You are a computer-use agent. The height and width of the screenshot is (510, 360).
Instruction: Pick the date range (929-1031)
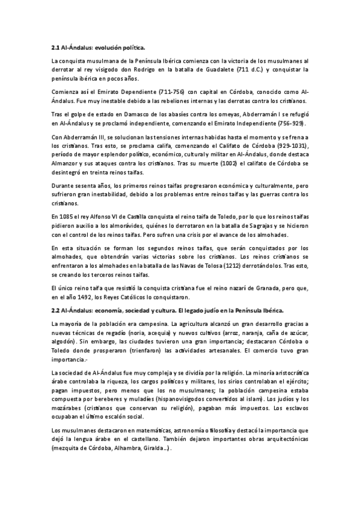pos(290,146)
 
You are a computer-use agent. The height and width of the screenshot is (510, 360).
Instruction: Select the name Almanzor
pos(67,163)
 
